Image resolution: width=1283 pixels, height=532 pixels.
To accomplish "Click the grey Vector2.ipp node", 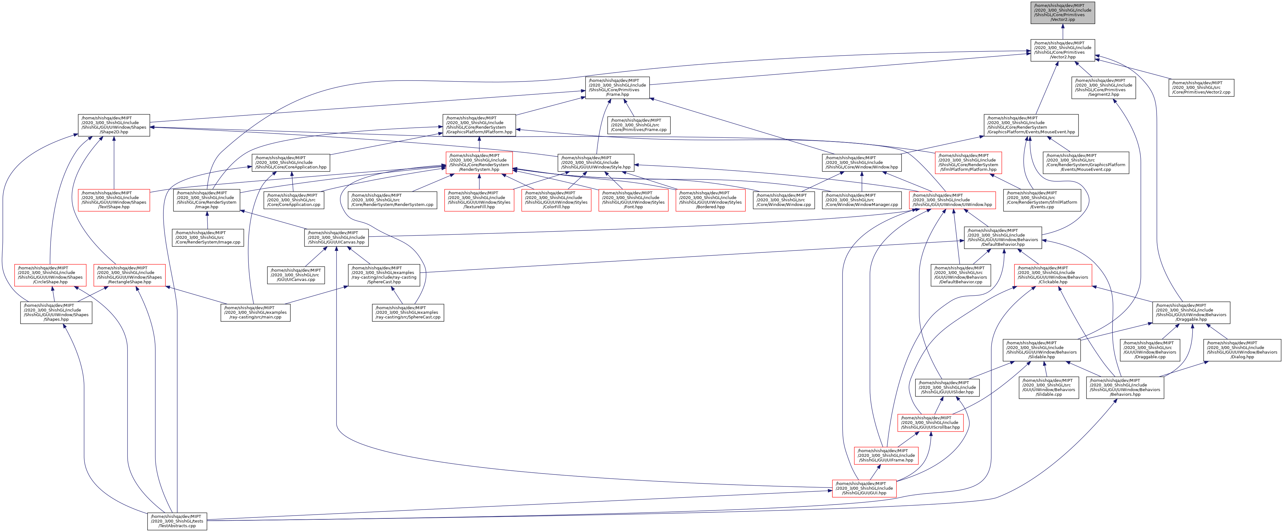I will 1062,12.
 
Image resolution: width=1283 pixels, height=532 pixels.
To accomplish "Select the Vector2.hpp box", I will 1062,50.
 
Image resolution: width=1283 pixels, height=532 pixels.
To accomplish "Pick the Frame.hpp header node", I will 617,88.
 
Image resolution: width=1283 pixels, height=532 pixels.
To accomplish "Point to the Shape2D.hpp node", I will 114,125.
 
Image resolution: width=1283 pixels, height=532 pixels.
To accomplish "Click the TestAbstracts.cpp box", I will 177,521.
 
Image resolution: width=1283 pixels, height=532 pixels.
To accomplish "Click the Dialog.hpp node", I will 1242,350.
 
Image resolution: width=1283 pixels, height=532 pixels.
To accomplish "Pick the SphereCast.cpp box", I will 407,313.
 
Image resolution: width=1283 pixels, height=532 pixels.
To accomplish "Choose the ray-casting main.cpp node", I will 255,313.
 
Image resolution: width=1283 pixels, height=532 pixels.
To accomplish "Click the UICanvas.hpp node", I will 336,238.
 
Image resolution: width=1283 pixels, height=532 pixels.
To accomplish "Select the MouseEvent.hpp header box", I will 1031,125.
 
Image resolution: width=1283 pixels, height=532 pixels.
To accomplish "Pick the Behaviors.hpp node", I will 1125,388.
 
